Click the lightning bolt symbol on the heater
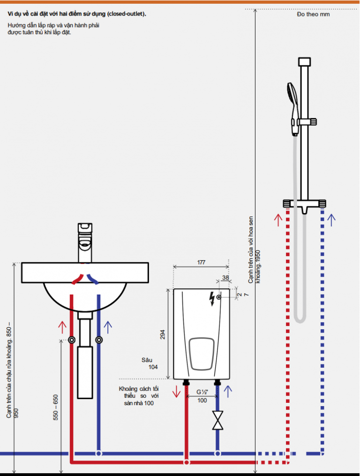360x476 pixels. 213,298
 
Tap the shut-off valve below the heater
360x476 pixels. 217,420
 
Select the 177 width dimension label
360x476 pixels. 201,263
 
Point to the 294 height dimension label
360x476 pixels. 163,334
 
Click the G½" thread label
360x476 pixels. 202,392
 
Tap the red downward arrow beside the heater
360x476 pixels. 177,391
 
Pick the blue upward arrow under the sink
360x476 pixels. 108,326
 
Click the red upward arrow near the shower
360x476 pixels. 277,219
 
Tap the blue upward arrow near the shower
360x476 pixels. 332,219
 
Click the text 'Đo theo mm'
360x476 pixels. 313,15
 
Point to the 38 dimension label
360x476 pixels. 225,278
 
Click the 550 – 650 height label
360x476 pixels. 56,407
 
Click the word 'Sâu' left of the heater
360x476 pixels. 147,360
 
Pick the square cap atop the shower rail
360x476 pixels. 304,61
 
